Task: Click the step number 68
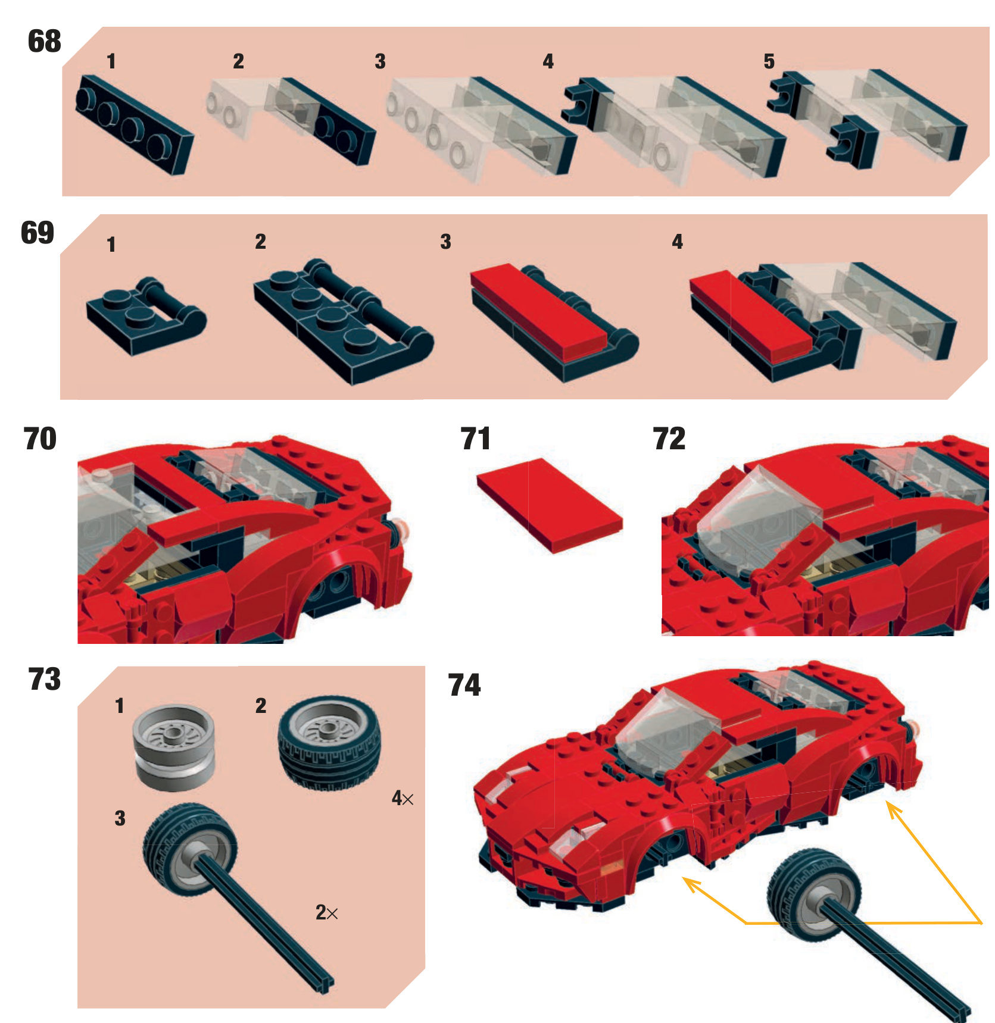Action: pyautogui.click(x=45, y=41)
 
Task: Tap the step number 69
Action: pyautogui.click(x=38, y=232)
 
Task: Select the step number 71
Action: pyautogui.click(x=475, y=439)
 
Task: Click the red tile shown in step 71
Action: pyautogui.click(x=550, y=505)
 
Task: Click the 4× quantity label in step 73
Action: pyautogui.click(x=403, y=798)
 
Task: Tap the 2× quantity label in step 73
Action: pyautogui.click(x=327, y=912)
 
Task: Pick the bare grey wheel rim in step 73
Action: pyautogui.click(x=173, y=747)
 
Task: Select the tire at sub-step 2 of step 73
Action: pyautogui.click(x=329, y=743)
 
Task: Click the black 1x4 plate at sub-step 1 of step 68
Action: pyautogui.click(x=135, y=124)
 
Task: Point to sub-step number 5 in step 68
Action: pyautogui.click(x=769, y=61)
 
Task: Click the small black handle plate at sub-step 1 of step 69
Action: pyautogui.click(x=146, y=315)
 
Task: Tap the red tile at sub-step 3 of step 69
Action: pyautogui.click(x=538, y=311)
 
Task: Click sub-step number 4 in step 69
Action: pyautogui.click(x=678, y=241)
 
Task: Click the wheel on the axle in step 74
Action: pyautogui.click(x=813, y=896)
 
